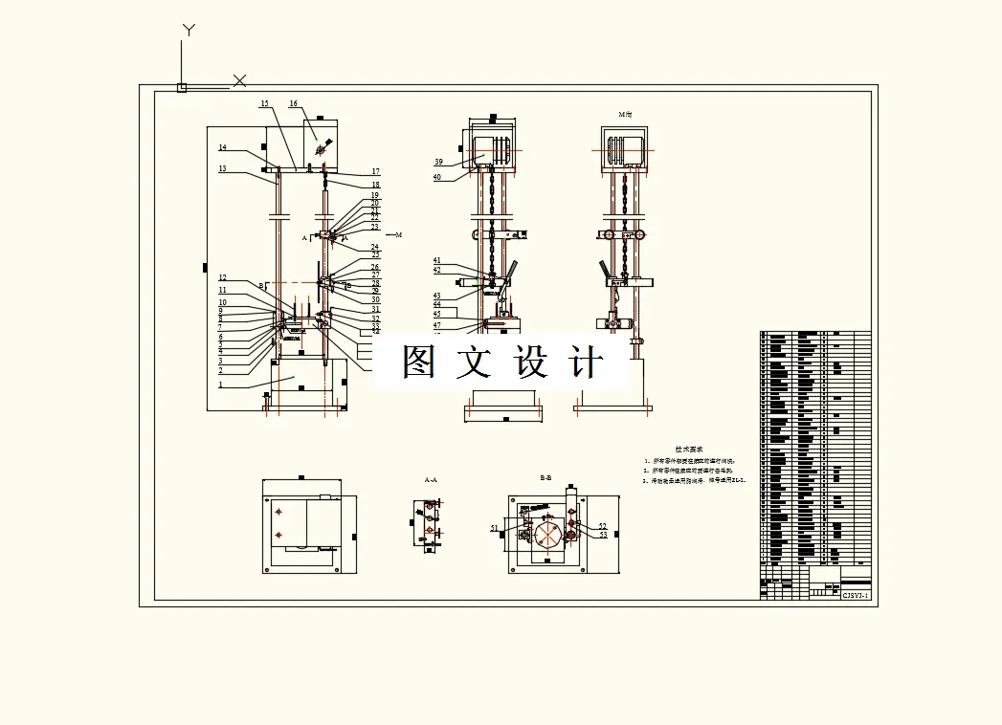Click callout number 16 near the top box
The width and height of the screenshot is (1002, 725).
coord(293,103)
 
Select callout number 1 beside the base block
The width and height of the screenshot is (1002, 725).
coord(220,384)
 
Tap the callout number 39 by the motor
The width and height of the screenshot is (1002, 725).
coord(438,162)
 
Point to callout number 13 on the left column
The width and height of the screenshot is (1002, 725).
coord(222,168)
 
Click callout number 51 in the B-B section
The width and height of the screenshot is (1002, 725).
coord(495,528)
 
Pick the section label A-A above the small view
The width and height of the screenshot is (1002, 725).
coord(431,479)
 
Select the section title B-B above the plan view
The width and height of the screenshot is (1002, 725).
coord(546,476)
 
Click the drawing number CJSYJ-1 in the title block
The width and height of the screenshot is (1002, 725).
coord(855,594)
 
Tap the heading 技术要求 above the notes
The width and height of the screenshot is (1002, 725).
coord(688,448)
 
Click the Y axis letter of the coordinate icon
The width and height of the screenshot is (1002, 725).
coord(189,31)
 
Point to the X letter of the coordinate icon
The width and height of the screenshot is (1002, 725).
coord(240,80)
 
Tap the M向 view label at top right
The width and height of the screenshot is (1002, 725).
coord(626,114)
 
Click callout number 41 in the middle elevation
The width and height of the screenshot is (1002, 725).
coord(436,260)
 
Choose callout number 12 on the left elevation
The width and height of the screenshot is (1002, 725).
coord(222,278)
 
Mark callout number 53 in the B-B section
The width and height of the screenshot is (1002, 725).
coord(603,536)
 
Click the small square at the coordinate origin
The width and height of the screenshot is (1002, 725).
coord(182,88)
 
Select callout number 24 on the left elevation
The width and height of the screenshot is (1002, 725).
coord(375,248)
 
